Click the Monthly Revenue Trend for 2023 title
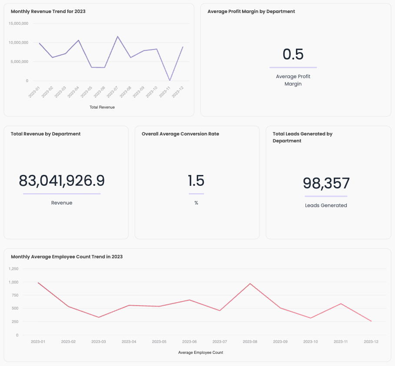point(48,11)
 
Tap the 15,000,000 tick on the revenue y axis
point(18,23)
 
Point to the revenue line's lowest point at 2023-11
point(169,80)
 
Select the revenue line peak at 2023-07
point(117,36)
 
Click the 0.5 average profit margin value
point(293,54)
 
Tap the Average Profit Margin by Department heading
point(251,11)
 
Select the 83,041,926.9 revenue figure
point(62,181)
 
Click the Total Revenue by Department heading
point(46,134)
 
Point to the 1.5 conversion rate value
point(196,181)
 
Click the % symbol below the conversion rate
point(196,203)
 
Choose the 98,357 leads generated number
point(326,183)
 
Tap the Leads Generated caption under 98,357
point(326,205)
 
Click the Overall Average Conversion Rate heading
point(180,134)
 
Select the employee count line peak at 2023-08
point(250,284)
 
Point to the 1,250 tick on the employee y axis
point(13,269)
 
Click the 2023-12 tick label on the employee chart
point(371,342)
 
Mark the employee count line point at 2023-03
point(99,317)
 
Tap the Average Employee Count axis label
point(200,353)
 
